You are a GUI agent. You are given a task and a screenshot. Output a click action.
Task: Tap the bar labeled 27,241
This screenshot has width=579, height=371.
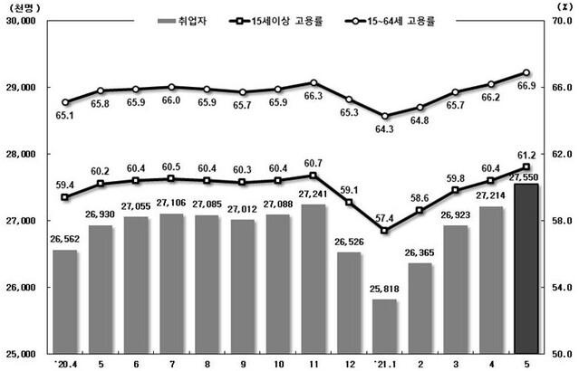point(314,279)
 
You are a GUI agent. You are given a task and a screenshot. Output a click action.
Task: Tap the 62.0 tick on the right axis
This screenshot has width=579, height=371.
point(561,154)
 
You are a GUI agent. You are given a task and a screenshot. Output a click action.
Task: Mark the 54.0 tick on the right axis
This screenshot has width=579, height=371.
point(561,287)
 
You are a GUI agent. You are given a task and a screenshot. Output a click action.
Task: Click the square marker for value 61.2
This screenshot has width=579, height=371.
point(526,166)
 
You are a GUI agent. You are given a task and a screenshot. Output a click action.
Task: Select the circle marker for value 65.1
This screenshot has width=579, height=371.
point(64,102)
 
